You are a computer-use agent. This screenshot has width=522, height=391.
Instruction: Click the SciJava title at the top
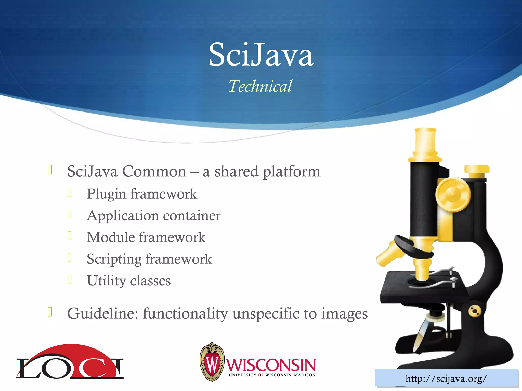tap(261, 55)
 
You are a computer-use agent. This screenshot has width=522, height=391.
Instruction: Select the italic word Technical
tap(260, 86)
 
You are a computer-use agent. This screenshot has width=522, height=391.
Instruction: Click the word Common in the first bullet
tap(154, 171)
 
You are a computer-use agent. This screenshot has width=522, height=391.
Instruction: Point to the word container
tap(192, 216)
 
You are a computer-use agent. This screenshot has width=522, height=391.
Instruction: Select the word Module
tap(111, 237)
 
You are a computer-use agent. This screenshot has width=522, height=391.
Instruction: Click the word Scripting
tap(114, 259)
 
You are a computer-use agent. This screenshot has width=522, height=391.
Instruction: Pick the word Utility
tap(106, 281)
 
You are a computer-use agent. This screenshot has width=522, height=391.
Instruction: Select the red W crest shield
tap(212, 362)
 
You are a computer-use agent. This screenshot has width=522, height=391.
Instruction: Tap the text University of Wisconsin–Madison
tap(272, 375)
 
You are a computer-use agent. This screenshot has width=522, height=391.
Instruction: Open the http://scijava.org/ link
tap(446, 379)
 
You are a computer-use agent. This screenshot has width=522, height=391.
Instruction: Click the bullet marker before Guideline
tap(50, 312)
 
